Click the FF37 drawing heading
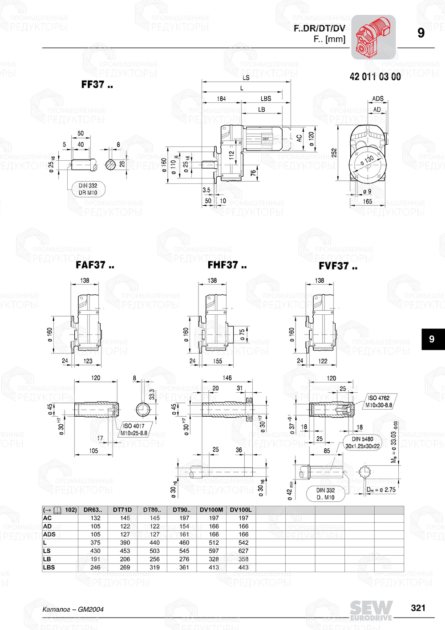click(97, 85)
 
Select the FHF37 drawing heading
click(227, 265)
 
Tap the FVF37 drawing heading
click(338, 266)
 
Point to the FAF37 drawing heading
click(95, 265)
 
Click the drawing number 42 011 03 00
click(375, 77)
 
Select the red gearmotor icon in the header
click(373, 37)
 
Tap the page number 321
click(418, 608)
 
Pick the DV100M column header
click(211, 510)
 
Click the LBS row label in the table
click(49, 567)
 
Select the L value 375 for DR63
click(95, 543)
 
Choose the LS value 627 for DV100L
click(243, 551)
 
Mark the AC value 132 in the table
click(95, 518)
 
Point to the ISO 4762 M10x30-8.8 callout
click(379, 402)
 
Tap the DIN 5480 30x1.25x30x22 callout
click(362, 443)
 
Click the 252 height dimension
click(334, 153)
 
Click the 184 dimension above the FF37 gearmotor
click(221, 99)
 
